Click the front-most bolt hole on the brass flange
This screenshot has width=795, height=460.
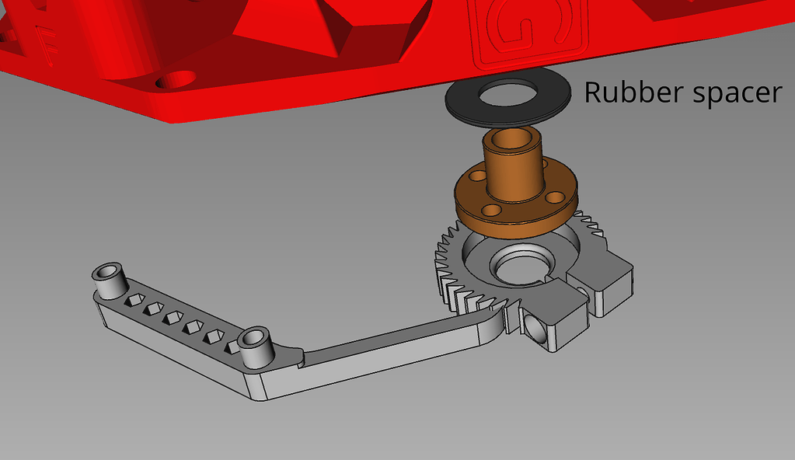492,211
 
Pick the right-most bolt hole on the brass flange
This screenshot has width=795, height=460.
554,197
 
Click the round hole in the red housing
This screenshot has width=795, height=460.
177,79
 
